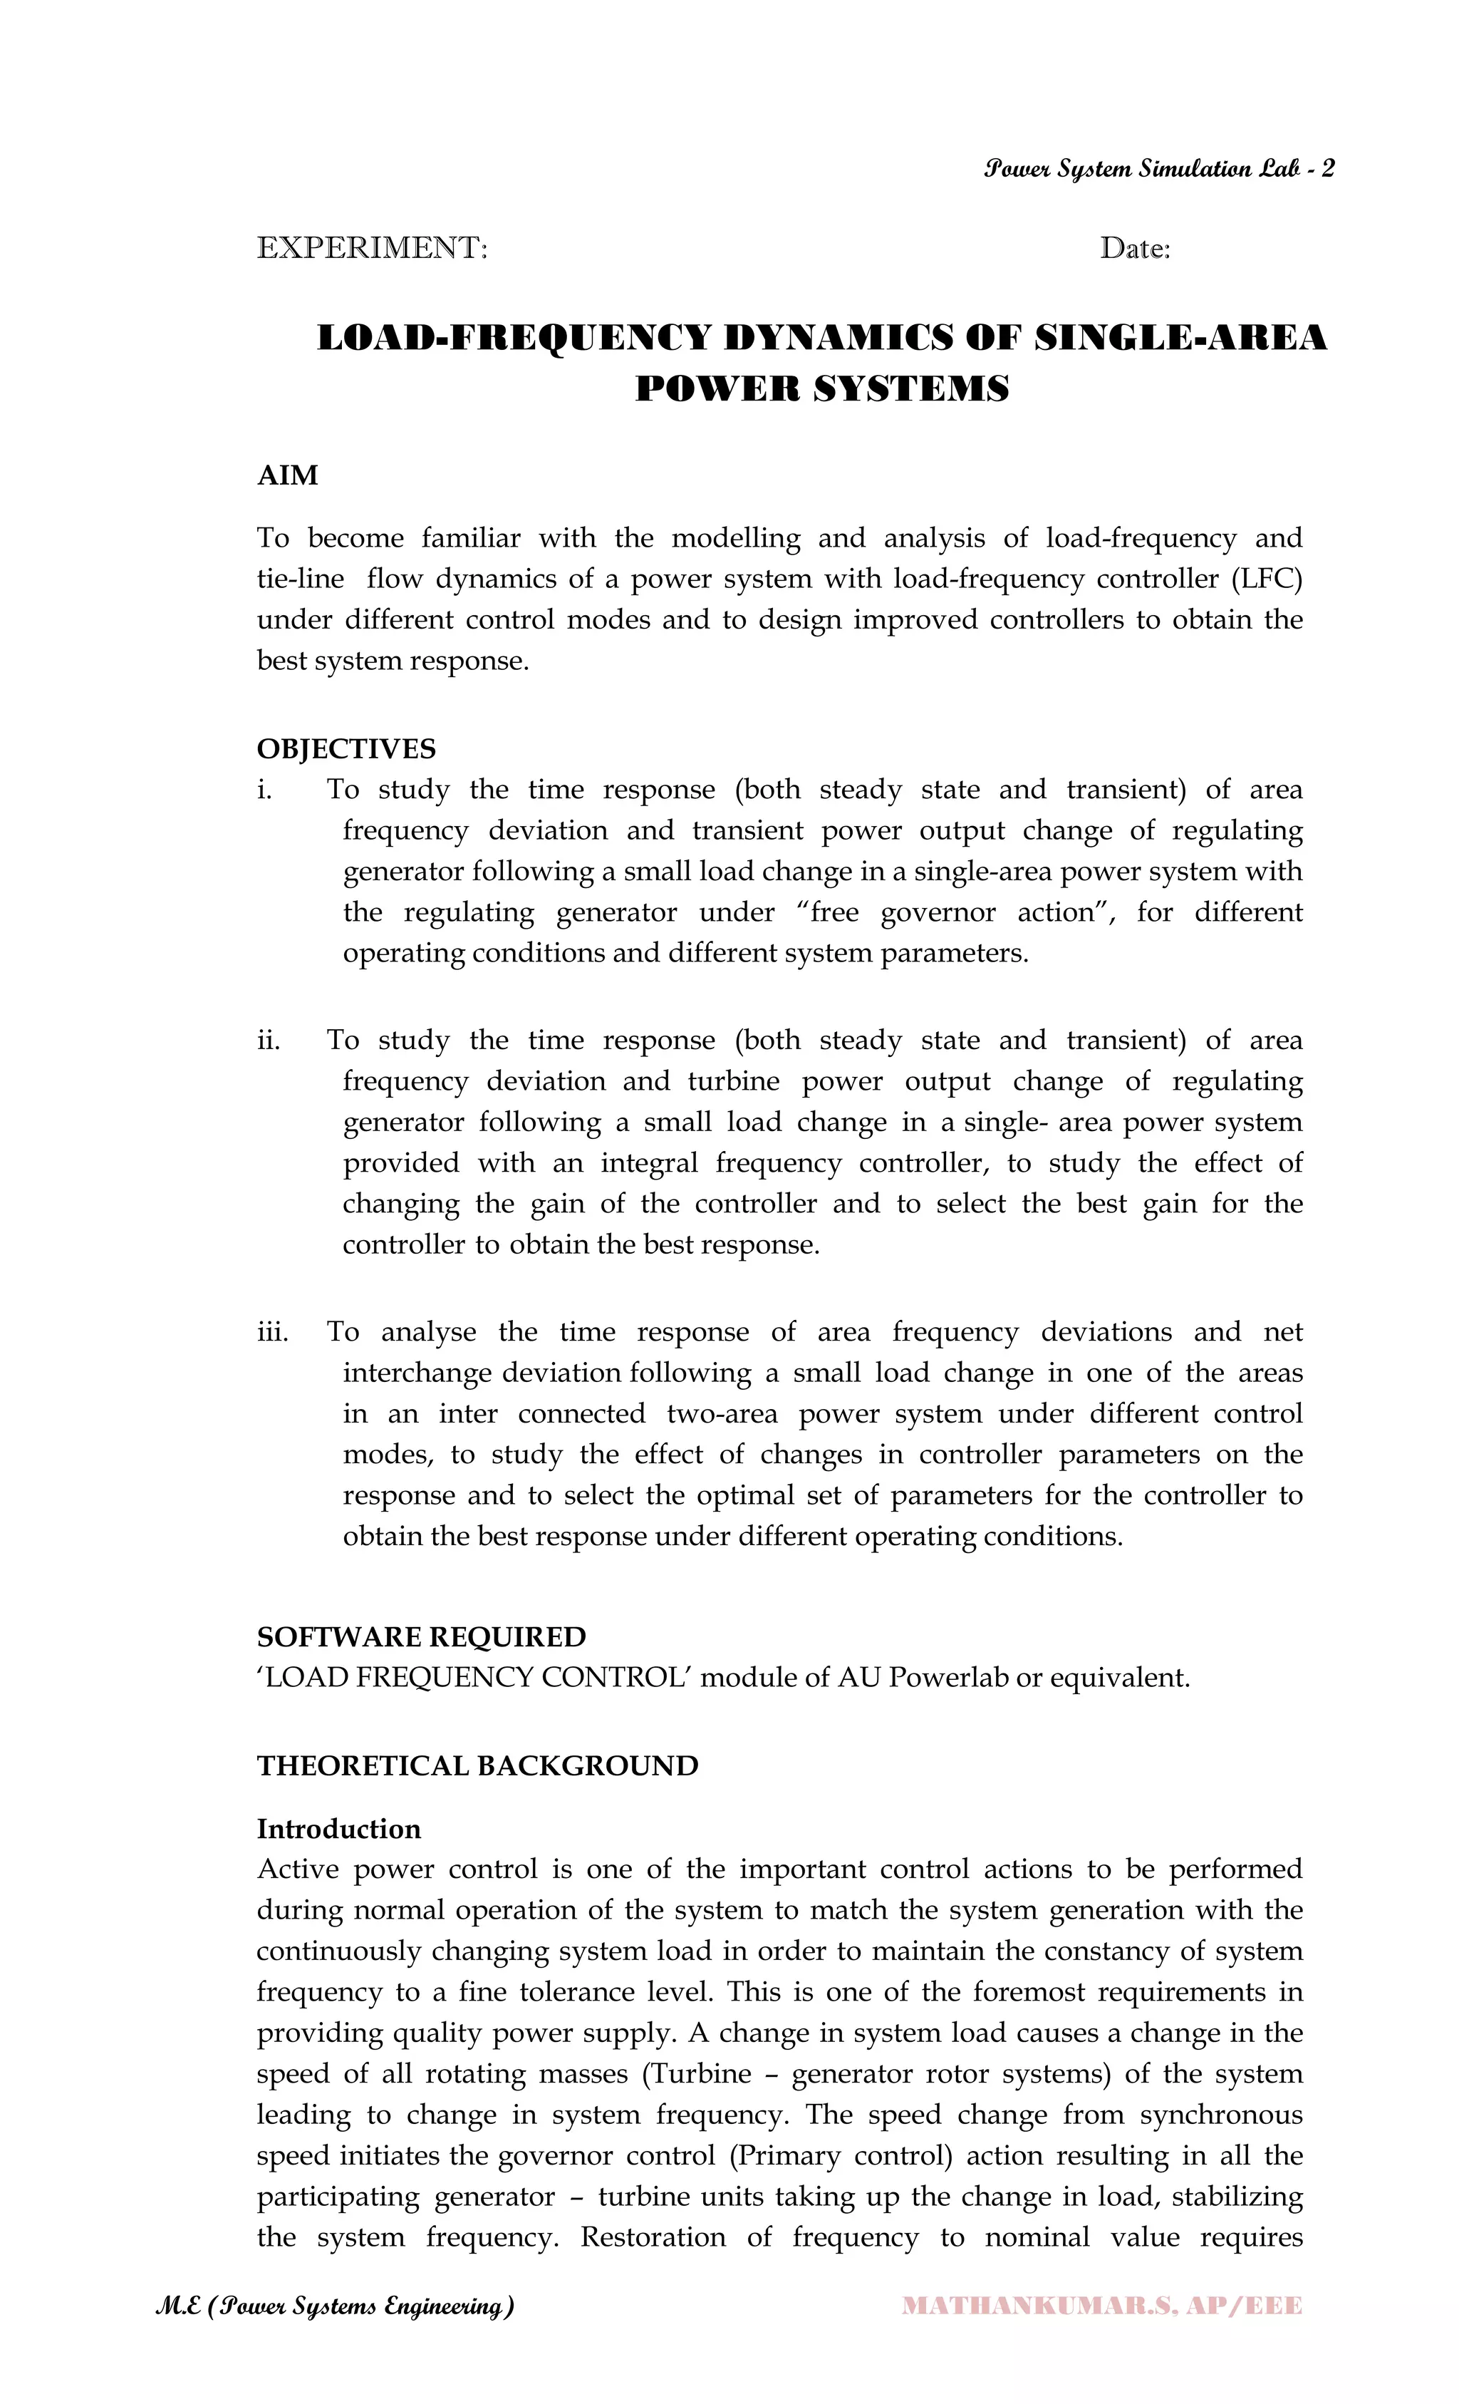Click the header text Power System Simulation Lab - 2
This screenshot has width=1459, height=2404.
tap(1158, 170)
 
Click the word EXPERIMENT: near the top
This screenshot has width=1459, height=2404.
tap(372, 248)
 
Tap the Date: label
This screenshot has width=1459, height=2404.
tap(1134, 249)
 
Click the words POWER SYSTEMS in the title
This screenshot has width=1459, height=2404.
tap(821, 389)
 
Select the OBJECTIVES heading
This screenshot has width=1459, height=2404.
tap(346, 748)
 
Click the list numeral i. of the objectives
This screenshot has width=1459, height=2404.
tap(264, 789)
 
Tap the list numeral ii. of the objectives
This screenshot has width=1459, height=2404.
tap(268, 1040)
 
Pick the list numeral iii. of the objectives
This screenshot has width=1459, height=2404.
tap(272, 1332)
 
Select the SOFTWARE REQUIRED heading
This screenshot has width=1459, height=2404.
tap(421, 1636)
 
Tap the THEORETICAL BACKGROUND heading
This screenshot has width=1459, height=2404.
tap(477, 1766)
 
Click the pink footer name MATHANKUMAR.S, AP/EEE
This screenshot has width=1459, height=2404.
tap(1102, 2306)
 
